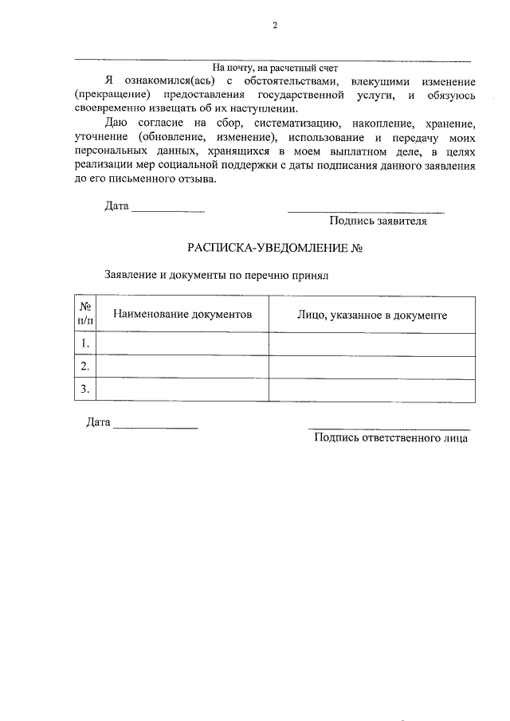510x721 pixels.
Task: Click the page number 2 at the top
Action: click(x=274, y=25)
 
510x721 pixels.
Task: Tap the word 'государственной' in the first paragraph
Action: click(x=303, y=96)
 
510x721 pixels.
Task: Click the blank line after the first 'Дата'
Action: click(x=167, y=211)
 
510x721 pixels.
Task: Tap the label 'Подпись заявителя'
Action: click(x=378, y=221)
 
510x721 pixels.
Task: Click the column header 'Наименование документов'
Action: click(x=182, y=315)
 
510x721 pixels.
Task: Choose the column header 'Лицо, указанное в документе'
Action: click(x=371, y=315)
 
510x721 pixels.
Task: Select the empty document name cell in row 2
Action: click(x=182, y=366)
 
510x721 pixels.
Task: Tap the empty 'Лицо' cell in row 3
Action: click(x=371, y=389)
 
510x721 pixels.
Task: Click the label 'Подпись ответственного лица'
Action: click(x=391, y=437)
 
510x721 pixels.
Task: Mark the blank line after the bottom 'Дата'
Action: click(x=155, y=429)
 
